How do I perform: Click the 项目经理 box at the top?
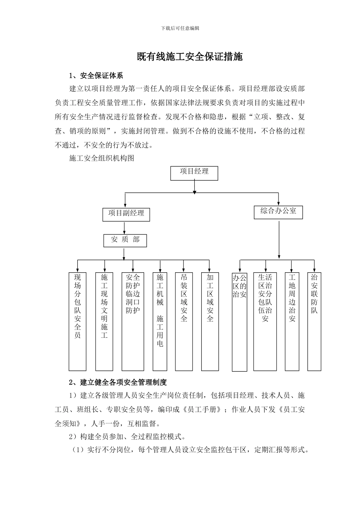click(x=194, y=173)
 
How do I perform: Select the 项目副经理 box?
click(x=126, y=214)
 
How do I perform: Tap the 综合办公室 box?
click(x=279, y=212)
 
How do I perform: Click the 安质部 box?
click(x=125, y=240)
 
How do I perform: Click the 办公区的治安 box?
click(x=239, y=322)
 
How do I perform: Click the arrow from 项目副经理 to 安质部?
click(x=124, y=228)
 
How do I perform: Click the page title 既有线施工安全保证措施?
click(x=189, y=57)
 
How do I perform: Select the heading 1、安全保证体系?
click(x=96, y=76)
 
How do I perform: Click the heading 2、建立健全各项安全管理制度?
click(x=118, y=383)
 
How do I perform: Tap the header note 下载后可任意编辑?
click(x=180, y=28)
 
